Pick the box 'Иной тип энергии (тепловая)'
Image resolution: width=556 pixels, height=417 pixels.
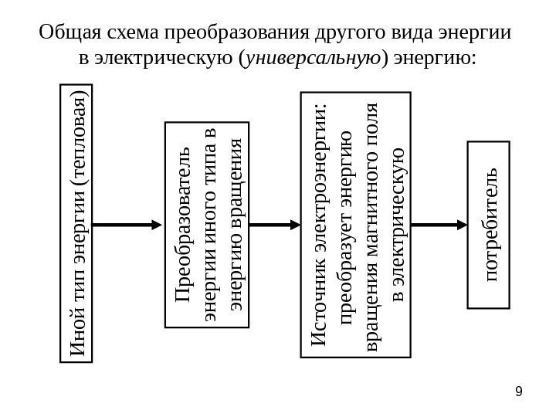click(x=76, y=224)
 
